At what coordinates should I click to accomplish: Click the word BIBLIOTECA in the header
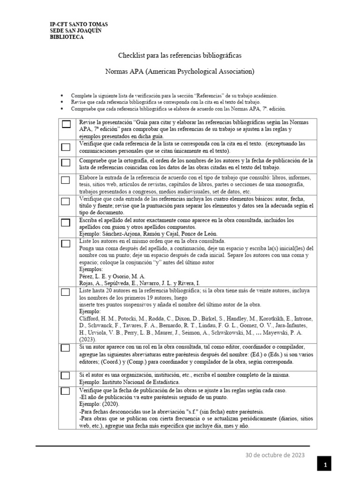pyautogui.click(x=67, y=37)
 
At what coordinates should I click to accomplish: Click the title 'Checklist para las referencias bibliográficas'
pyautogui.click(x=180, y=56)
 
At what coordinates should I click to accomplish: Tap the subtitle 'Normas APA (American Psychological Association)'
pyautogui.click(x=180, y=72)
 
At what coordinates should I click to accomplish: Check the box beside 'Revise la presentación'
pyautogui.click(x=66, y=124)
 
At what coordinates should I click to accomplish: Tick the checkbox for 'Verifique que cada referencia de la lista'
pyautogui.click(x=66, y=147)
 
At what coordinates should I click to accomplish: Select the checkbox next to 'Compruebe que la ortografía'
pyautogui.click(x=66, y=163)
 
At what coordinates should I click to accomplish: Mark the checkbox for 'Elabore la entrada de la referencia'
pyautogui.click(x=66, y=180)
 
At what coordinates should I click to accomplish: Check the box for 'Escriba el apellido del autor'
pyautogui.click(x=66, y=222)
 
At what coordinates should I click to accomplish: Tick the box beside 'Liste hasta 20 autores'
pyautogui.click(x=66, y=292)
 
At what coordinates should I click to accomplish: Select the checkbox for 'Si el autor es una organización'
pyautogui.click(x=66, y=375)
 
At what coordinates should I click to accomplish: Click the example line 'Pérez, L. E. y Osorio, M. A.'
pyautogui.click(x=112, y=277)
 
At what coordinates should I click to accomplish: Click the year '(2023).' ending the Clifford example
pyautogui.click(x=88, y=339)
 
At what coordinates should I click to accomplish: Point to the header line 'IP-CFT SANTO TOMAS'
pyautogui.click(x=79, y=24)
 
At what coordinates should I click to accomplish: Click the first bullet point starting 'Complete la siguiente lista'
pyautogui.click(x=174, y=95)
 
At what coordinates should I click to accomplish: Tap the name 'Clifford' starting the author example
pyautogui.click(x=89, y=318)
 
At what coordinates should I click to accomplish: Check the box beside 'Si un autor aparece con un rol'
pyautogui.click(x=66, y=348)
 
